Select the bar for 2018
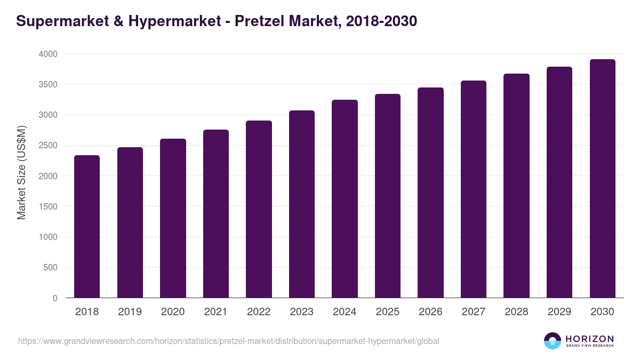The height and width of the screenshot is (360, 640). tap(87, 227)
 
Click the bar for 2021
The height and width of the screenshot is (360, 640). tap(216, 213)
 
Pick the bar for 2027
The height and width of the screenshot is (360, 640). tap(474, 189)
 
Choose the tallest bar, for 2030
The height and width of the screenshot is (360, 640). tap(602, 179)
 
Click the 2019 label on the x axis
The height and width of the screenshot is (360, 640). tap(130, 312)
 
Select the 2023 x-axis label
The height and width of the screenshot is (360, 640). tap(302, 312)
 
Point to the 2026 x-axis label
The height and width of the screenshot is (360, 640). tap(430, 312)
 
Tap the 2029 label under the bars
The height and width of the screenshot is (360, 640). tap(559, 312)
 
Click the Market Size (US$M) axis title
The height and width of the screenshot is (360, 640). tap(21, 172)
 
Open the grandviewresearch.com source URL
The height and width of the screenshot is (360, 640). tap(229, 341)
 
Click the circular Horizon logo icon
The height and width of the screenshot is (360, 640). tap(553, 340)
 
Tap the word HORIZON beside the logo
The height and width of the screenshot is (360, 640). tap(589, 338)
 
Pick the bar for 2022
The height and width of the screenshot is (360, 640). tap(259, 209)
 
